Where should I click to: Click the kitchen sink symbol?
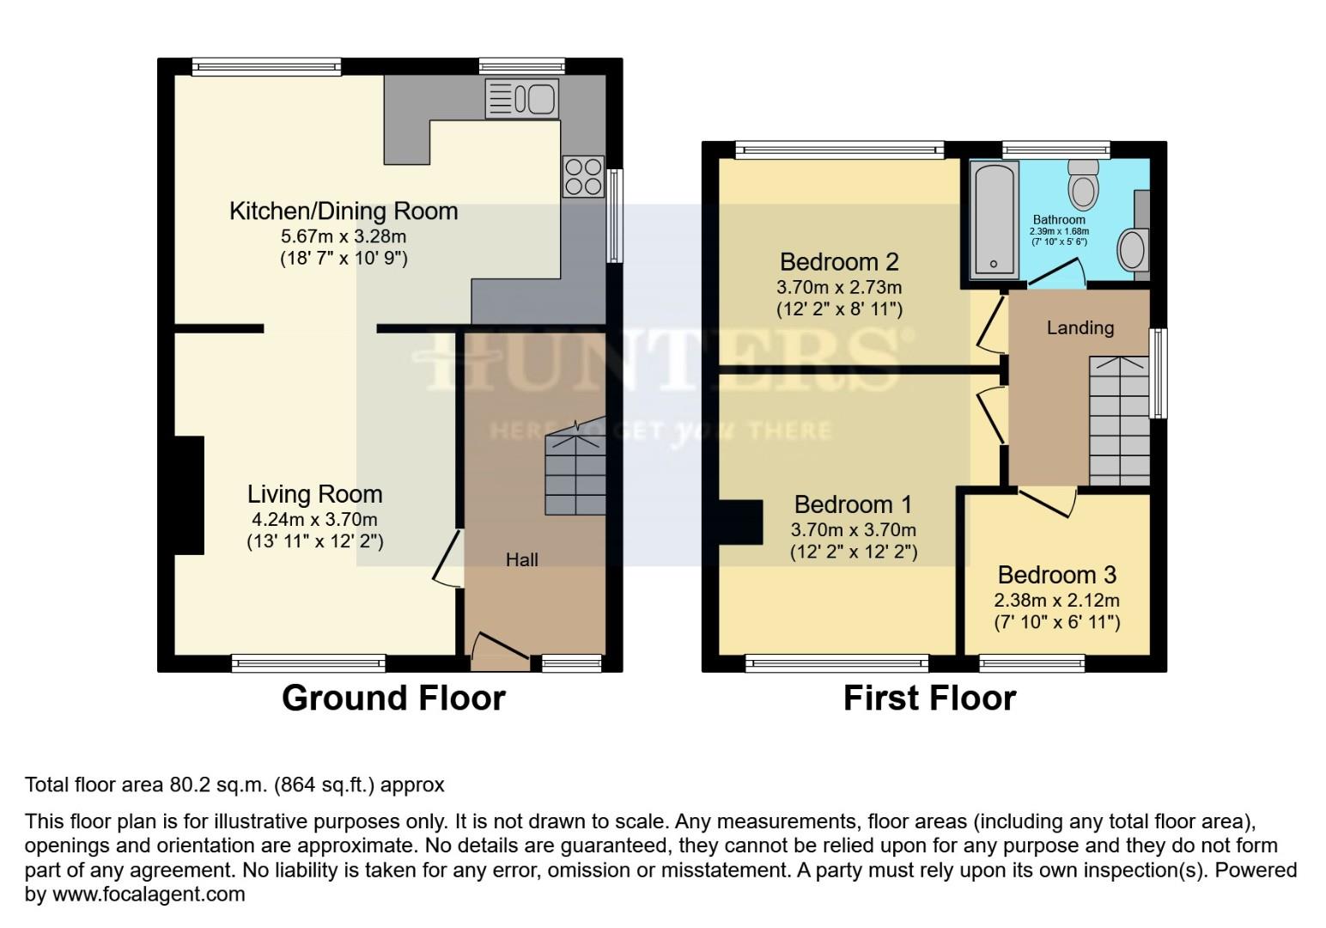click(521, 98)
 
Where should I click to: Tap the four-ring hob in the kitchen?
click(583, 176)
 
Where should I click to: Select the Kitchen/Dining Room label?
click(344, 211)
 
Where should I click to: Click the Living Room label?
click(314, 494)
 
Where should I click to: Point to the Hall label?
click(521, 560)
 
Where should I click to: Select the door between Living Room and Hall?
click(449, 559)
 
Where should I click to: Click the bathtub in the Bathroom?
click(994, 220)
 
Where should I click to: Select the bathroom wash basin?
click(1132, 250)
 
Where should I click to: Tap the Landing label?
click(1080, 327)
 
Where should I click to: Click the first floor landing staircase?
click(1119, 421)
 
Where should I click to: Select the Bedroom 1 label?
click(853, 504)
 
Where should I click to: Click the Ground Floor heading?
click(393, 698)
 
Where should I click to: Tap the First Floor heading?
click(929, 698)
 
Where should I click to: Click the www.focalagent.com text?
click(149, 894)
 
